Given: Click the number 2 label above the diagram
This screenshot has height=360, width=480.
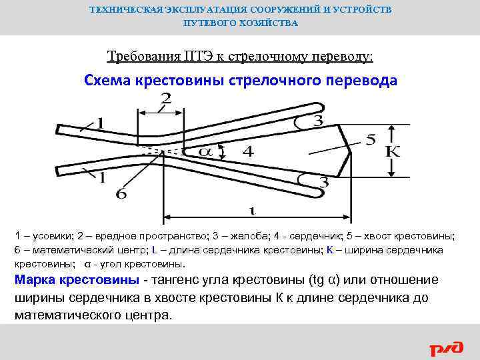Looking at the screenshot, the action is point(165,99).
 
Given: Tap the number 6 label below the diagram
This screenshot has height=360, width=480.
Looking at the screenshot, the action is point(121,194).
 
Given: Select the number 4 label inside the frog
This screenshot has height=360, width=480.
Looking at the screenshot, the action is point(247,152).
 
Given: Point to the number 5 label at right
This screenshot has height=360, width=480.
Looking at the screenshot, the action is point(371,141).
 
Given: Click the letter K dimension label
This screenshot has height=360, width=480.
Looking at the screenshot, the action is point(393,152).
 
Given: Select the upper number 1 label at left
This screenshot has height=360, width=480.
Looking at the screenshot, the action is point(100,123).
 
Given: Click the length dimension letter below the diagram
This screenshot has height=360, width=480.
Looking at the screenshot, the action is point(251,211).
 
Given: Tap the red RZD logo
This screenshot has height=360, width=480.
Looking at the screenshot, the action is point(445,348).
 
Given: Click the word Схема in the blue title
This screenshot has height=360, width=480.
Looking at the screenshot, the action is point(108,81).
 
